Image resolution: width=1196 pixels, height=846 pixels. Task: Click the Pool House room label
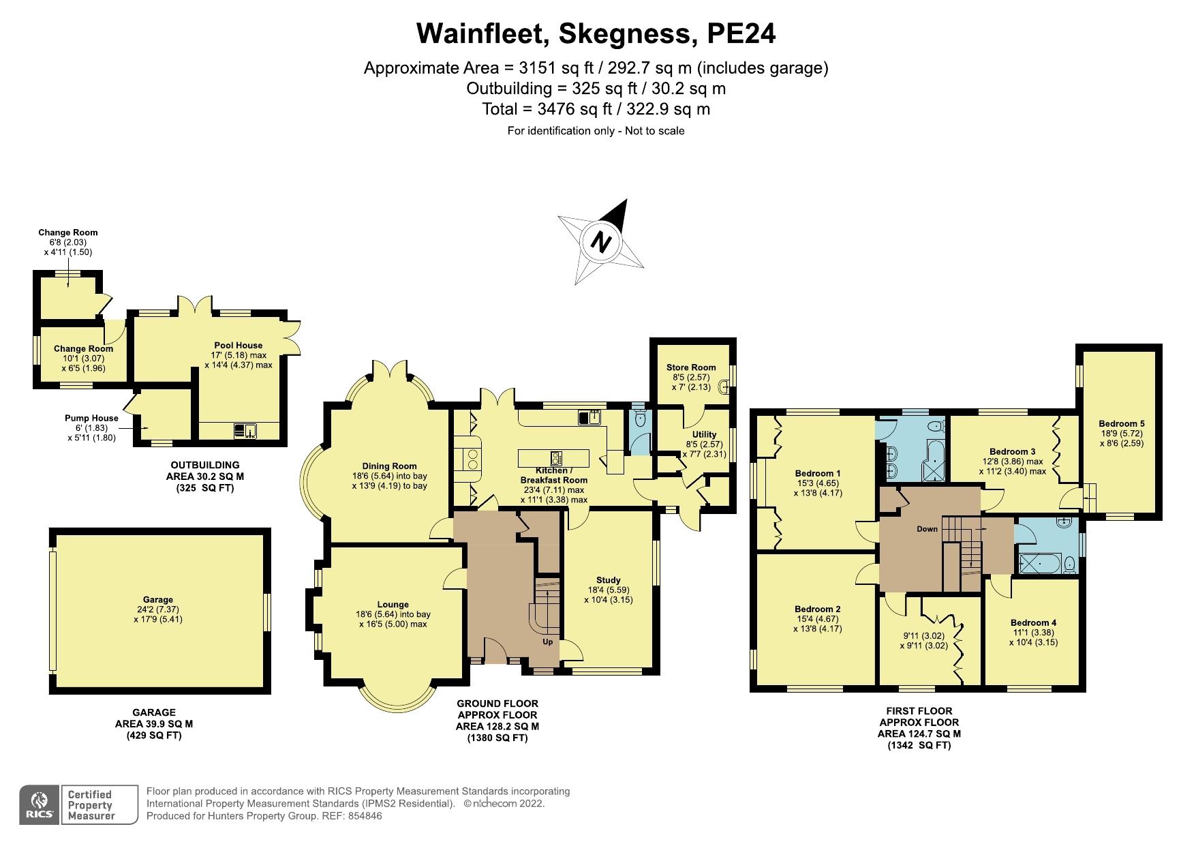coord(238,345)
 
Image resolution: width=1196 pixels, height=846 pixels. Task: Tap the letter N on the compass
coord(600,241)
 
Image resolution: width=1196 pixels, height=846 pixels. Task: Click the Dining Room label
coord(389,466)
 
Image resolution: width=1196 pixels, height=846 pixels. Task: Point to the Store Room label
coord(691,367)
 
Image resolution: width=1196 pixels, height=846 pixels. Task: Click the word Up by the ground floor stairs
coord(547,641)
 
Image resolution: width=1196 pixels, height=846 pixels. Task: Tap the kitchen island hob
coord(556,457)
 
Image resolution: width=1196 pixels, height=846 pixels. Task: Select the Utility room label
coord(704,434)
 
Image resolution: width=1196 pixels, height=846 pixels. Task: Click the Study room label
coord(608,580)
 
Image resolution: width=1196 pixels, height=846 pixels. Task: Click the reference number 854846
coord(364,816)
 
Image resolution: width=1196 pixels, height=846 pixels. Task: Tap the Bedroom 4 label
coord(1033,622)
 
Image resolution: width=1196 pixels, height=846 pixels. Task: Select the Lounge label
coord(393,604)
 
